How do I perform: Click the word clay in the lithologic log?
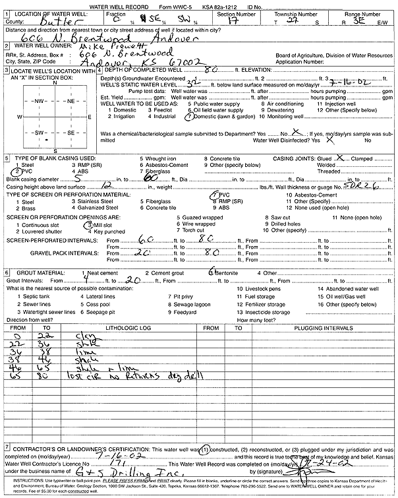pos(65,336)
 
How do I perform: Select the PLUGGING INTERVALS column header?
pos(311,328)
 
